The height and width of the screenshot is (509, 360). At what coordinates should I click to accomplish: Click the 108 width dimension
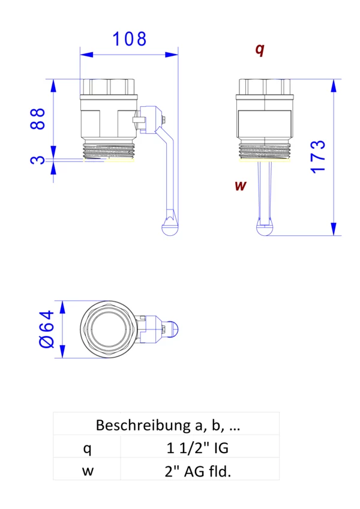(x=130, y=39)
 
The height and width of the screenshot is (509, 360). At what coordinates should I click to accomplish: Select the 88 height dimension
(x=38, y=119)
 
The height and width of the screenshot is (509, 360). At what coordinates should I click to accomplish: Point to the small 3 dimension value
(x=38, y=160)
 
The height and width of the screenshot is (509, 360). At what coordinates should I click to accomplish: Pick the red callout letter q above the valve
(x=259, y=50)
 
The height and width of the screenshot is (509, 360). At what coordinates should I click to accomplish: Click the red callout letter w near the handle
(x=240, y=185)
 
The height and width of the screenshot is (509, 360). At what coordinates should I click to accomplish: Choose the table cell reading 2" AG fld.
(x=198, y=471)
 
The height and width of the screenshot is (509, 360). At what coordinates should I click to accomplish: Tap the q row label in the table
(x=88, y=448)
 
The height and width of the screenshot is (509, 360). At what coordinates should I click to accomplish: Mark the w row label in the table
(x=88, y=471)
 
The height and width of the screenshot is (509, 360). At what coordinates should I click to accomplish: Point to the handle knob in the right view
(x=265, y=229)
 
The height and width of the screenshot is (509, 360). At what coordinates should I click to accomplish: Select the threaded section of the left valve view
(x=110, y=151)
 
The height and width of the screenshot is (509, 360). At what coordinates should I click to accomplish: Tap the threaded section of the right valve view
(x=265, y=151)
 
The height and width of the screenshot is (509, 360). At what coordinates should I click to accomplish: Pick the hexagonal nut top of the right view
(x=265, y=86)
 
